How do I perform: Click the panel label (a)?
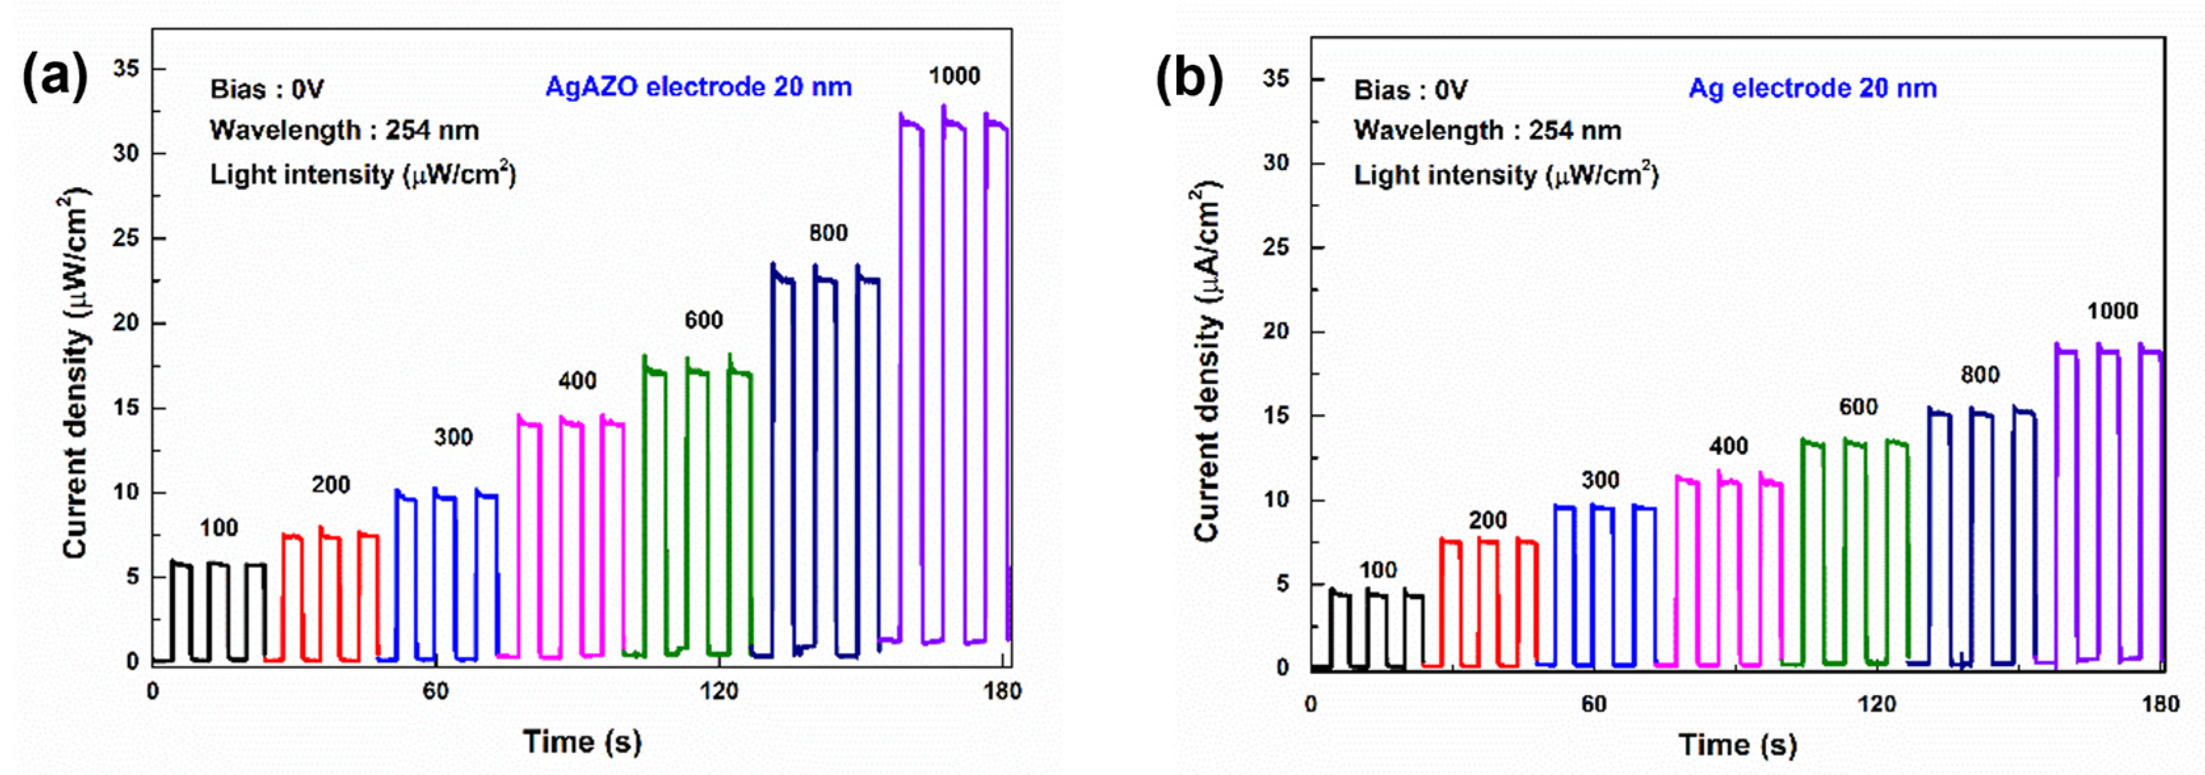[x=54, y=77]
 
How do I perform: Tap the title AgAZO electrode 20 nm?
[x=698, y=87]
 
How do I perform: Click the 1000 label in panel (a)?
[x=954, y=76]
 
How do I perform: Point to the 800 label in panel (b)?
[x=1980, y=375]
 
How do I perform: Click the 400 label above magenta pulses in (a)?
[x=577, y=381]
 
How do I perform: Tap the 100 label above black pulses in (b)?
[x=1377, y=570]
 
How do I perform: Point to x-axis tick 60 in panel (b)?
[x=1593, y=704]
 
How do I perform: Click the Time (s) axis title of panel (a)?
[x=582, y=741]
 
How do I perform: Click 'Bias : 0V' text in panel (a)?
[x=267, y=89]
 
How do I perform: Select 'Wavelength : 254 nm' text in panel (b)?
[x=1487, y=131]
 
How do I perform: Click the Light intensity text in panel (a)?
[x=363, y=175]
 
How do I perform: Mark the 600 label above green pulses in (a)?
[x=703, y=320]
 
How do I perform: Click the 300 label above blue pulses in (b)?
[x=1600, y=480]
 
